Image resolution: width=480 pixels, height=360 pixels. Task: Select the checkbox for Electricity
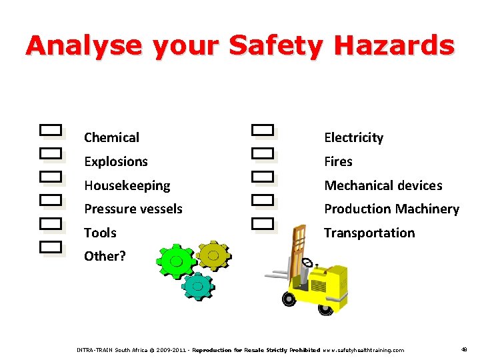point(263,130)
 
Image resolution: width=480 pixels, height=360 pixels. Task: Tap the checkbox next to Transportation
point(263,223)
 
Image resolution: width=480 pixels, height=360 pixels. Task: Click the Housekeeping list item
point(127,185)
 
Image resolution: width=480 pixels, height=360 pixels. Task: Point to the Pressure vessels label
point(133,209)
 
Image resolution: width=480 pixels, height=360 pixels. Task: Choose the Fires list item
point(338,161)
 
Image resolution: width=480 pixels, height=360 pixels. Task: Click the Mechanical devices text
point(383,185)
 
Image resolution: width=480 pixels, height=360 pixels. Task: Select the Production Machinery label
point(391,209)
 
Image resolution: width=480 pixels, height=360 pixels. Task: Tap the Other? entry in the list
point(105,256)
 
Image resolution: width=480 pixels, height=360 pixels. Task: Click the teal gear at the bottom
point(197,285)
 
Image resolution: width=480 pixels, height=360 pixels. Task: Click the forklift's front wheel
point(289,299)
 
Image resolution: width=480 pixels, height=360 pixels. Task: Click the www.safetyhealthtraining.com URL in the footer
point(364,350)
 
